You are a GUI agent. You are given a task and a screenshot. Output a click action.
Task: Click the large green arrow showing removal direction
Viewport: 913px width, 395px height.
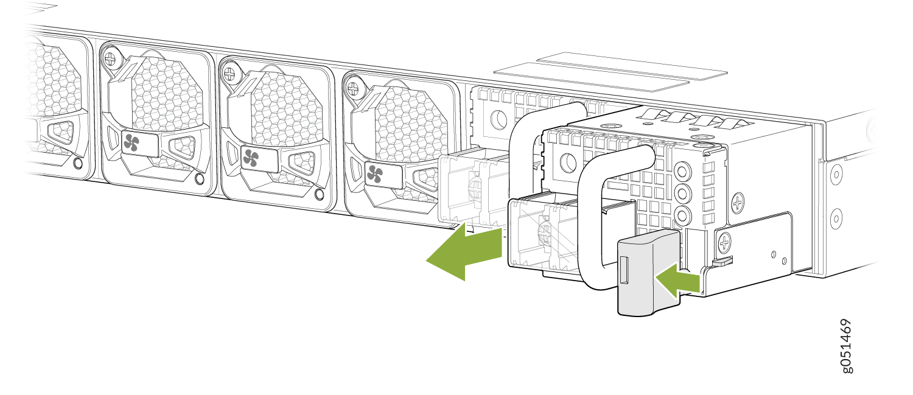tap(464, 253)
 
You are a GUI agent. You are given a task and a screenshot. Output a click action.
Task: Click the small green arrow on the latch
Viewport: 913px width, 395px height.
tap(678, 281)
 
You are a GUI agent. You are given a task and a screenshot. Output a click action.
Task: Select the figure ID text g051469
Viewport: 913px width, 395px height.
tap(846, 346)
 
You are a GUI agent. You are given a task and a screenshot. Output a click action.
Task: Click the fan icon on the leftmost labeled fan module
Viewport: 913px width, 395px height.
tap(131, 143)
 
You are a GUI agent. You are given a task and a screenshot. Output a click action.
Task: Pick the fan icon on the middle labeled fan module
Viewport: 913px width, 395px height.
tap(250, 158)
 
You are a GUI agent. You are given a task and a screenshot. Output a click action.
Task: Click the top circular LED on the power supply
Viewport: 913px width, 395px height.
tap(683, 170)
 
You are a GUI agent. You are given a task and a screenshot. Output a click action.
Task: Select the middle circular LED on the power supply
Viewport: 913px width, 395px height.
tap(683, 192)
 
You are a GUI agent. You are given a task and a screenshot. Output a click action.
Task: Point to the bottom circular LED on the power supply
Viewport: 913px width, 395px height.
tap(683, 214)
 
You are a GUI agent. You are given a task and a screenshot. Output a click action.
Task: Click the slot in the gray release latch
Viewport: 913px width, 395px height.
tap(624, 270)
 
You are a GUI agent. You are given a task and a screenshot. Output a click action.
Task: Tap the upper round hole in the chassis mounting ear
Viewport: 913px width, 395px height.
tap(836, 175)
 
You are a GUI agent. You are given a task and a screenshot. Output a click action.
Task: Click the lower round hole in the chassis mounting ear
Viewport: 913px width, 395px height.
tap(836, 217)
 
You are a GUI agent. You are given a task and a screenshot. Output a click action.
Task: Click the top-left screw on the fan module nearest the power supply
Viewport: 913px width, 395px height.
tap(353, 88)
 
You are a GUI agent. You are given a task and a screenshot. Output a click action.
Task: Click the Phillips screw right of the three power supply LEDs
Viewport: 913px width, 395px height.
tap(738, 202)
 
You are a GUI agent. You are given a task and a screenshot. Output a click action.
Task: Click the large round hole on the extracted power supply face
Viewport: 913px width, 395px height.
tap(568, 163)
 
